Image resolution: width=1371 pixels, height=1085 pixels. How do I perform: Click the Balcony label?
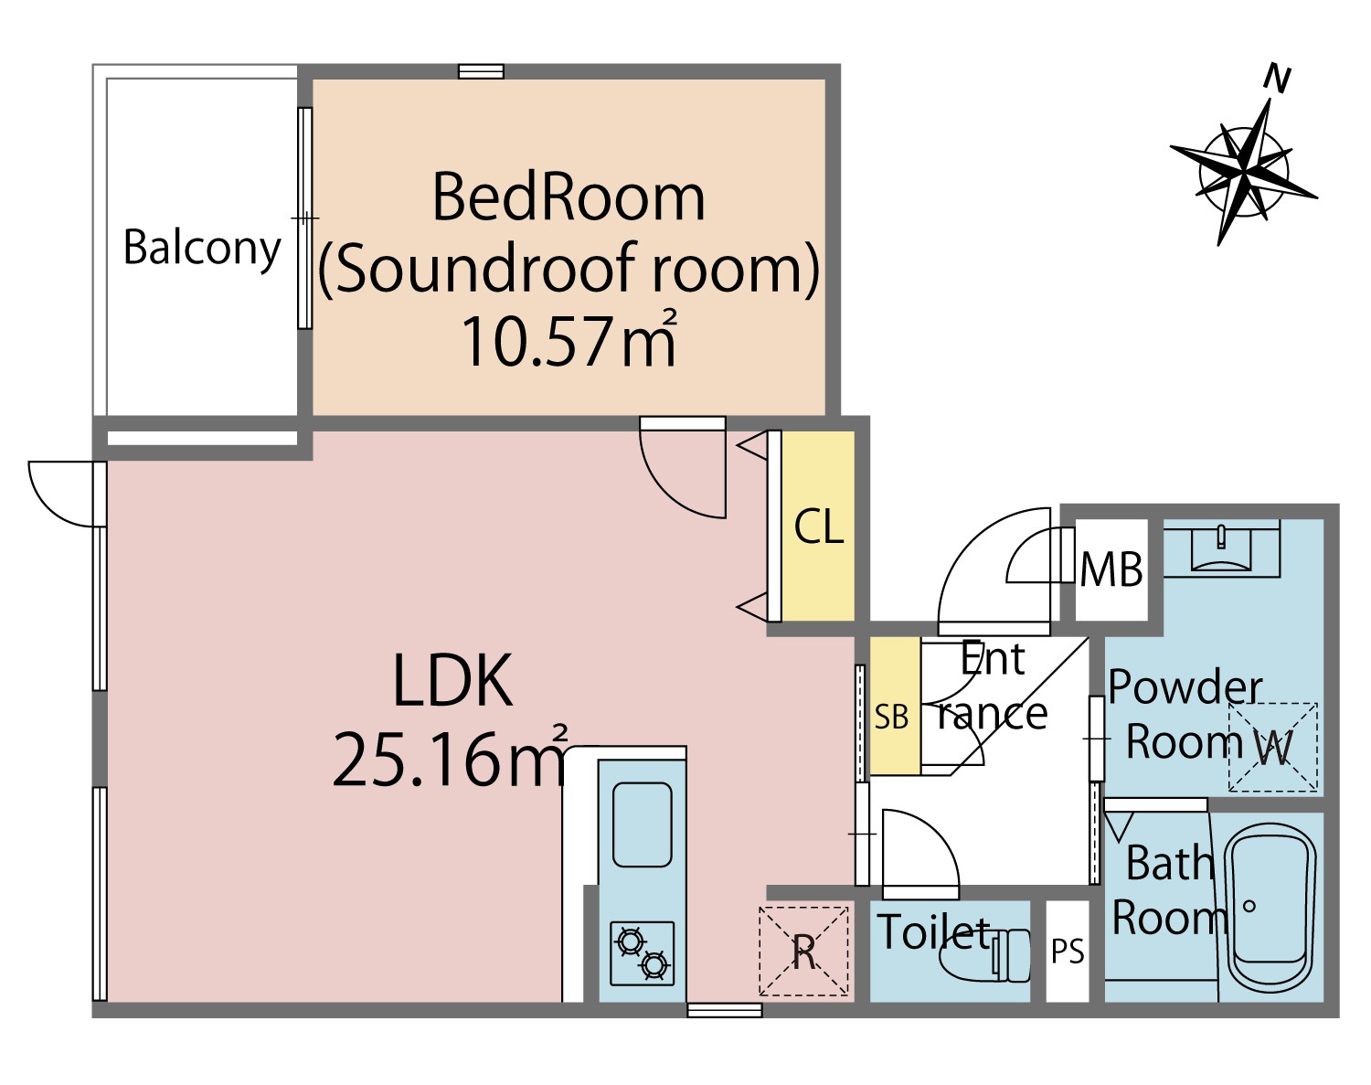202,249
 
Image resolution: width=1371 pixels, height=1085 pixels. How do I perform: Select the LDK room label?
453,680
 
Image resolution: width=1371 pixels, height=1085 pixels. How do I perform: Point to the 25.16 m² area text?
450,758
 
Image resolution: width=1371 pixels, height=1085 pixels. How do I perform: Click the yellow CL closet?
818,527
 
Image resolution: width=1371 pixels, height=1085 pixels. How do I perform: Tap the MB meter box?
1111,569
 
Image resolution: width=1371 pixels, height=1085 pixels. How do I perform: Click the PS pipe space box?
1068,952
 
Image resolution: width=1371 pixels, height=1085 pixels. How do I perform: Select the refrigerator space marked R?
804,952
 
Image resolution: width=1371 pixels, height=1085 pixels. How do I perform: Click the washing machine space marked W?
1272,748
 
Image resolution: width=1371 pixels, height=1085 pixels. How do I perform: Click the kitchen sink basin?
643,825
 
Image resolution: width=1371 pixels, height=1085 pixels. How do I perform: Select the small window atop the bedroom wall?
481,71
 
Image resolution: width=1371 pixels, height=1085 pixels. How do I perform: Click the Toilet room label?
933,932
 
